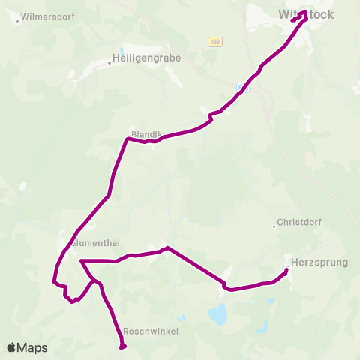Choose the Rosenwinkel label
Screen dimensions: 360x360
(x=148, y=330)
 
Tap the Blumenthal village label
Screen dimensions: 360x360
(x=101, y=242)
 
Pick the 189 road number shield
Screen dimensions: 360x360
(x=216, y=42)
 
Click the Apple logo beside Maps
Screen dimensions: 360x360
(x=12, y=348)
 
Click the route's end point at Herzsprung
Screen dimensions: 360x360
(x=287, y=270)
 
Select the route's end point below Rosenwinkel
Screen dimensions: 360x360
(x=122, y=346)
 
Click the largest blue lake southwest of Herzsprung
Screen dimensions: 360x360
(x=218, y=315)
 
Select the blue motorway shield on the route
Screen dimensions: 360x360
(x=241, y=87)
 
